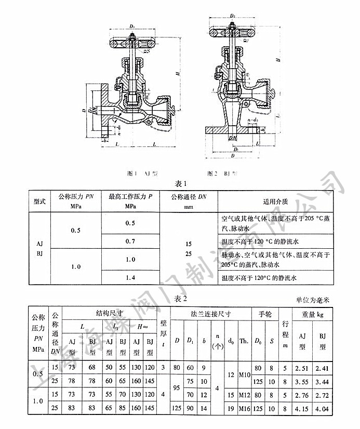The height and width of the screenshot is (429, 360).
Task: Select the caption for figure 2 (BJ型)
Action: click(x=223, y=172)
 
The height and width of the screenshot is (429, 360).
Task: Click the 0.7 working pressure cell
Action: click(x=130, y=242)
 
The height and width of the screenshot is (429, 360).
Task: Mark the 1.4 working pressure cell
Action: click(x=130, y=278)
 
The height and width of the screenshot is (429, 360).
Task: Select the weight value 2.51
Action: click(x=301, y=368)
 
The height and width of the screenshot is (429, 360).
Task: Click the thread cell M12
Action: click(x=244, y=395)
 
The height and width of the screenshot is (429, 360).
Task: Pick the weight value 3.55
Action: click(x=301, y=382)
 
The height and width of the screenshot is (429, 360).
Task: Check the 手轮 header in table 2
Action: click(x=265, y=314)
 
